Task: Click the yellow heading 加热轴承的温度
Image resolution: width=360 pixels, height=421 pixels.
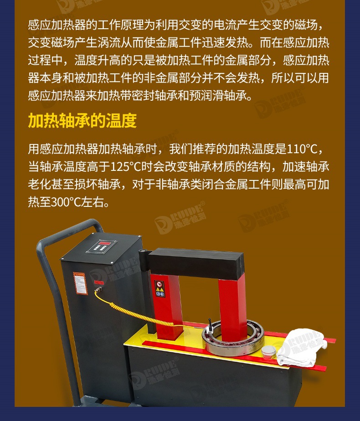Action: pos(82,121)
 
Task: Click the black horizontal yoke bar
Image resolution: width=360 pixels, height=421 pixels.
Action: pos(196,264)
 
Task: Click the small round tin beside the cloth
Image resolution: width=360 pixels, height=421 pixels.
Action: pos(269,352)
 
